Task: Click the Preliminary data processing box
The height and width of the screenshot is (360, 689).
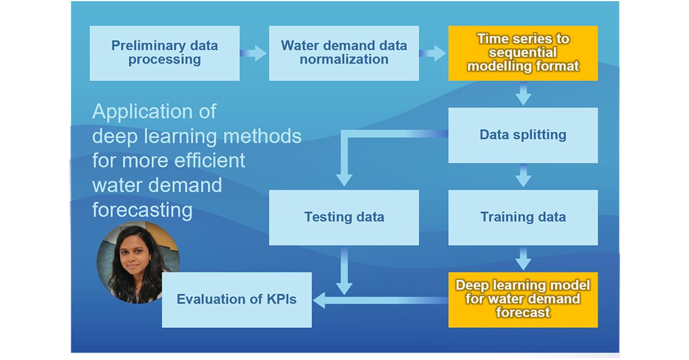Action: (x=164, y=53)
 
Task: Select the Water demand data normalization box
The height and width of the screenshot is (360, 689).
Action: (x=343, y=53)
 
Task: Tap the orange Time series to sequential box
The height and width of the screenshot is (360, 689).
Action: (x=523, y=53)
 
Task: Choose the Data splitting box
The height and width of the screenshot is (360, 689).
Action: (x=523, y=135)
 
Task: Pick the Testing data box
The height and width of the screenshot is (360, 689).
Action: (x=343, y=217)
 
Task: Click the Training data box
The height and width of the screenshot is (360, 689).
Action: (x=523, y=217)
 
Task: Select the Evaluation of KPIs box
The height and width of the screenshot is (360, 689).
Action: (x=236, y=299)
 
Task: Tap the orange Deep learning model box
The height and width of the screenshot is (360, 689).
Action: (x=523, y=299)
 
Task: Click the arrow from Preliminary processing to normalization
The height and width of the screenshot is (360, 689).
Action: (x=254, y=53)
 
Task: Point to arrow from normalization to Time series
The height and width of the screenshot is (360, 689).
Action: (x=433, y=53)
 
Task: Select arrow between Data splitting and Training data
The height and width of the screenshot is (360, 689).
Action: (x=523, y=176)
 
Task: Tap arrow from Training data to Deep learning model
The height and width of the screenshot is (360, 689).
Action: (x=523, y=258)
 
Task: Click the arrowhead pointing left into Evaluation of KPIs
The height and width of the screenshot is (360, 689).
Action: (x=319, y=300)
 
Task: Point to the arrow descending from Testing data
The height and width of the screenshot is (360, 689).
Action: (x=344, y=269)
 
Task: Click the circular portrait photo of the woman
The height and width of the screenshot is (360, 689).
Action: (x=138, y=262)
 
